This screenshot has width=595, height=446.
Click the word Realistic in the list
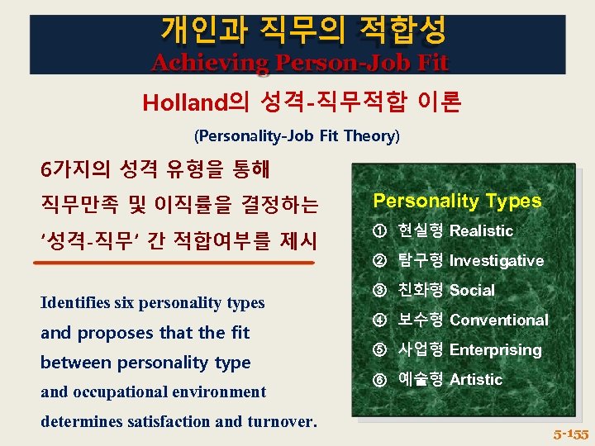tap(481, 231)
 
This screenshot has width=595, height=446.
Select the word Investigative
tap(496, 261)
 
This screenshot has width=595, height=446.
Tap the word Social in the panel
tap(472, 291)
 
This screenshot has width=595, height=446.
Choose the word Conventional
tap(498, 320)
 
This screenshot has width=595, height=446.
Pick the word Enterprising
tap(495, 350)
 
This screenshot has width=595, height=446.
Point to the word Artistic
tap(475, 380)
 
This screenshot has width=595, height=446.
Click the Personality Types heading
tap(457, 201)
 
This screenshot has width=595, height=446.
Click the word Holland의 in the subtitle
tap(195, 102)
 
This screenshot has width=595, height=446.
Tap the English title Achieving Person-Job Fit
tap(299, 62)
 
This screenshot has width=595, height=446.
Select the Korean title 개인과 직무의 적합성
tap(303, 30)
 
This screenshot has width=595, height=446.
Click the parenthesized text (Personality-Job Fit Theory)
tap(297, 135)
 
